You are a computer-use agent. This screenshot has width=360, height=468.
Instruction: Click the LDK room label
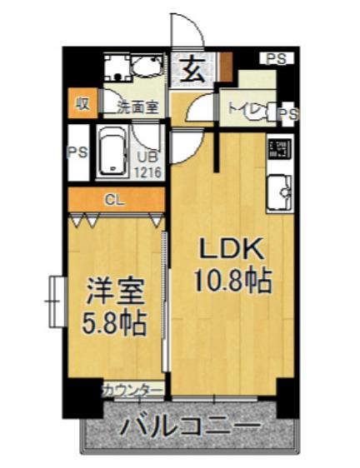tap(232, 249)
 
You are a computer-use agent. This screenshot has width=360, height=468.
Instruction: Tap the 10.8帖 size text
tap(233, 281)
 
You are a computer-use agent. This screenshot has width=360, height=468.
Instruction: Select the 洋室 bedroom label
tap(116, 291)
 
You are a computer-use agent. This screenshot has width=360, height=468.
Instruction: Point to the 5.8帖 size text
tap(114, 323)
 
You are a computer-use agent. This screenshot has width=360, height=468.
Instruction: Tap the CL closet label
tap(114, 200)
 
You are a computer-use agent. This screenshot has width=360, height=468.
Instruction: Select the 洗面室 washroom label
tap(137, 107)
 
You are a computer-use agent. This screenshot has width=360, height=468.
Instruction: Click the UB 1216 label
tap(147, 165)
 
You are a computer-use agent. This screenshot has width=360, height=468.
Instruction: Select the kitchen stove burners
tap(280, 148)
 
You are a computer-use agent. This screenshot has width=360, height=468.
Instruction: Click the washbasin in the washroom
tap(147, 67)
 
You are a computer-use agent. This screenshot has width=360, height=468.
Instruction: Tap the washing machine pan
tap(117, 68)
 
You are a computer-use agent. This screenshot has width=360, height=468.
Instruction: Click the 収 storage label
tap(82, 103)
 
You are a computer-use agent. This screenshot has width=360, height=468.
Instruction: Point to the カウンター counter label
tap(132, 390)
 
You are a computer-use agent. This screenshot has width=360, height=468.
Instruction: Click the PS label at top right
tap(277, 58)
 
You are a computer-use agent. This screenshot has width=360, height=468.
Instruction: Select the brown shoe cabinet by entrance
tap(225, 67)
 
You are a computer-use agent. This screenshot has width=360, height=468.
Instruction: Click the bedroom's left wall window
tap(57, 301)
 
